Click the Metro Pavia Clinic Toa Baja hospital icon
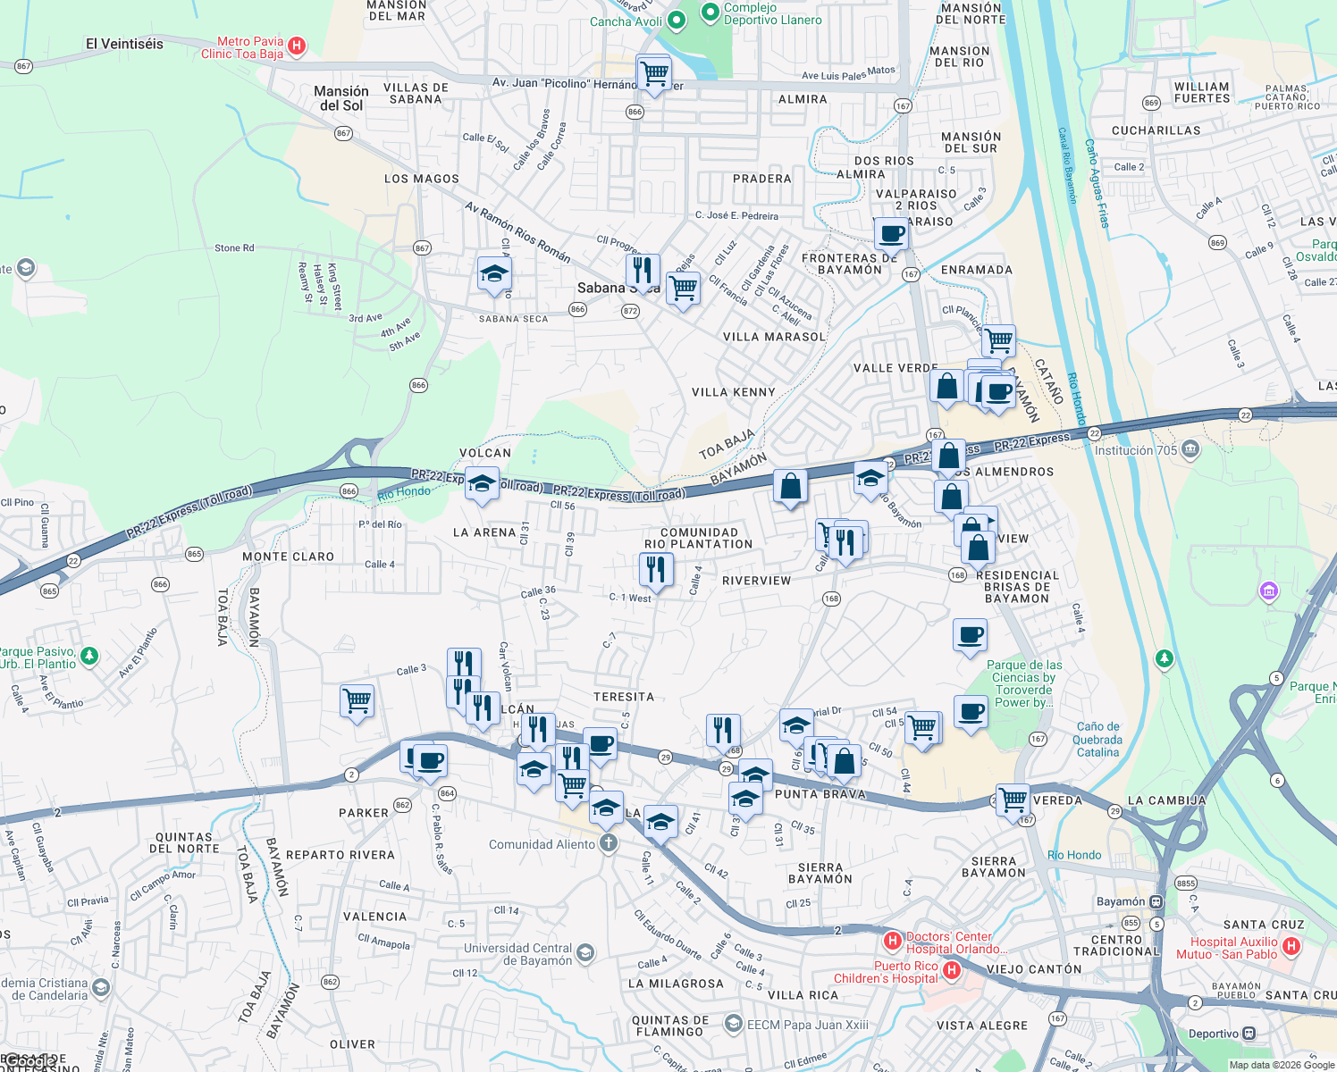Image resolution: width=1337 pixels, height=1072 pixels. click(x=297, y=46)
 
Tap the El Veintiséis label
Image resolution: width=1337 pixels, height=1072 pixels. click(x=124, y=44)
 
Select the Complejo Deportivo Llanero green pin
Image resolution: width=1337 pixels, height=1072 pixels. click(x=710, y=12)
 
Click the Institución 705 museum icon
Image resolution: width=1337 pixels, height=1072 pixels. click(x=1190, y=449)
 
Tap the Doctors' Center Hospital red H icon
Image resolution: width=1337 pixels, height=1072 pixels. click(x=891, y=941)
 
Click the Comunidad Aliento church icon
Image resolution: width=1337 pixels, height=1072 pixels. click(x=609, y=843)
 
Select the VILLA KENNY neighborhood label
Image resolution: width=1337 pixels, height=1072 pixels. click(x=733, y=392)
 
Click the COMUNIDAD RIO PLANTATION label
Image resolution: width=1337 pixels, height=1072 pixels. click(x=699, y=538)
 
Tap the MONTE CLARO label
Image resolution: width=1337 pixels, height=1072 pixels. click(x=288, y=557)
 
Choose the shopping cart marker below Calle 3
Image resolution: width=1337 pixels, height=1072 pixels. click(x=357, y=701)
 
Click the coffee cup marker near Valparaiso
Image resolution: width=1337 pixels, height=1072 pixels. click(x=891, y=234)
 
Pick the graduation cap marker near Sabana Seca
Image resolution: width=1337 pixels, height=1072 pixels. click(x=493, y=274)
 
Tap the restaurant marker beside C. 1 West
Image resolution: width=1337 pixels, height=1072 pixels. click(x=657, y=569)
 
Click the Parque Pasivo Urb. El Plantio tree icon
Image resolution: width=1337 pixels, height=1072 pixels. click(x=89, y=657)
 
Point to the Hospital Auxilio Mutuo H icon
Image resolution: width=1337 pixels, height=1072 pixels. click(x=1291, y=945)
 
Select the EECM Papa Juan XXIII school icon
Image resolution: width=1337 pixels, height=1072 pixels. click(x=734, y=1023)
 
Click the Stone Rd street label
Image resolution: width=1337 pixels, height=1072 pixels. click(x=234, y=248)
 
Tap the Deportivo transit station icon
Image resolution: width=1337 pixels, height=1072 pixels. click(x=1249, y=1034)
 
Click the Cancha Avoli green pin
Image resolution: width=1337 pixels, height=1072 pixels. click(x=677, y=19)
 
